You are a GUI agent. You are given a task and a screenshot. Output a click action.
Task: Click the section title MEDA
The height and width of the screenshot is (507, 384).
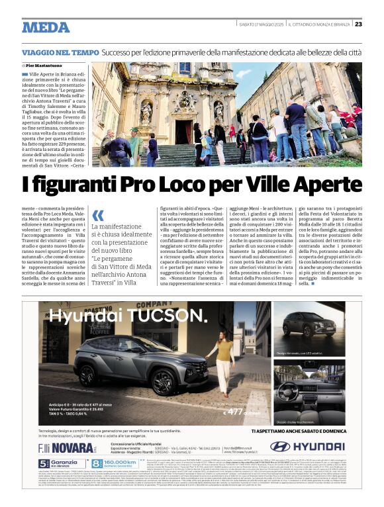coord(45,27)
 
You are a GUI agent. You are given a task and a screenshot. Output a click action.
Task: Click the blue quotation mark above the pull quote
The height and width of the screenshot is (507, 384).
coord(98,215)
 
